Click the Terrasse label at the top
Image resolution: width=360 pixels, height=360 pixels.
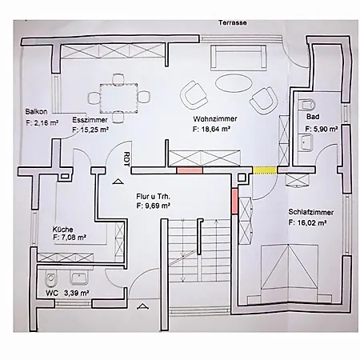(x=233, y=22)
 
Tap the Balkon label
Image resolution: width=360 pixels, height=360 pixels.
(x=36, y=111)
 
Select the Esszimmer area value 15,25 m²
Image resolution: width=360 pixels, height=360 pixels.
(x=90, y=130)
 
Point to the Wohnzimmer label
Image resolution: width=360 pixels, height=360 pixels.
(x=215, y=118)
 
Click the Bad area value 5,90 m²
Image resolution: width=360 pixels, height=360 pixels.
(x=322, y=129)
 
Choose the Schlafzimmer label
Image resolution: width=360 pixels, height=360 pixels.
(x=311, y=212)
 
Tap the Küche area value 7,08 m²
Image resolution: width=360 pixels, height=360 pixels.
(x=70, y=237)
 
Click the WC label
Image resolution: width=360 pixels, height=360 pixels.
(x=52, y=293)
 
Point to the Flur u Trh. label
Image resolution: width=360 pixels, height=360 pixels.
(x=153, y=197)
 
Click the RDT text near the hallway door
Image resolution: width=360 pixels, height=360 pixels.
(x=127, y=159)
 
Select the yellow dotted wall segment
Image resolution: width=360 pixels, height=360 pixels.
(x=265, y=170)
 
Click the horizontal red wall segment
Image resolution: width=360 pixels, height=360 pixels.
(x=190, y=170)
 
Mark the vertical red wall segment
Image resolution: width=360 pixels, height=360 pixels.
(x=234, y=201)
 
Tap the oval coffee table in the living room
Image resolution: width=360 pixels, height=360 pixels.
(x=234, y=83)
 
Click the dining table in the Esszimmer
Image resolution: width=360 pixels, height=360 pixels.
(x=119, y=98)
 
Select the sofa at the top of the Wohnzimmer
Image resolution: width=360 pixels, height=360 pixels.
(x=238, y=58)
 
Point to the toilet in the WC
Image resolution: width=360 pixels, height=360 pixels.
(x=50, y=278)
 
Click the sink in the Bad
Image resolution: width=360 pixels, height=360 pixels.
(x=306, y=142)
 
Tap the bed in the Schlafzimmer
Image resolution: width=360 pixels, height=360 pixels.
(x=290, y=274)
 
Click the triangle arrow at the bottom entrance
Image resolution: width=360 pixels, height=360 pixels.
(x=143, y=306)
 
